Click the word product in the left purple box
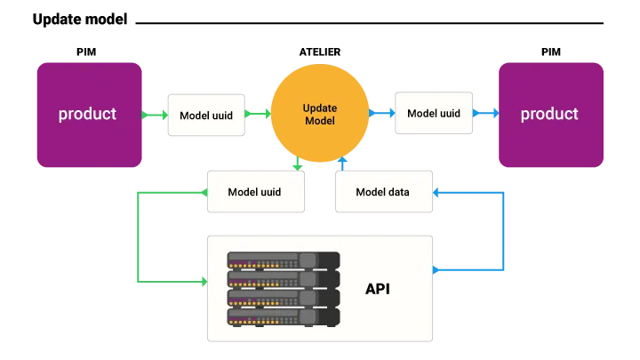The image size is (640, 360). coord(87,114)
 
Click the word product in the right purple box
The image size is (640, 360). coord(549,114)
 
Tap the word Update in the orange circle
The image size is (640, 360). coord(319,108)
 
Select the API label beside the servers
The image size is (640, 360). coord(377,289)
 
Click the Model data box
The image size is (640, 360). coord(383,192)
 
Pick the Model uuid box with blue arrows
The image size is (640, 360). coord(433,114)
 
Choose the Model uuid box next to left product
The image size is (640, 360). coord(206,115)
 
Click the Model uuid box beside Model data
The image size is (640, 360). coord(255,192)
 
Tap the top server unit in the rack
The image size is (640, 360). coord(283,260)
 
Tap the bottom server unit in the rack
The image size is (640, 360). coord(283,316)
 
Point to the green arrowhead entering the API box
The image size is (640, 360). coord(202,282)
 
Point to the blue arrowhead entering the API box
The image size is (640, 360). coord(438,269)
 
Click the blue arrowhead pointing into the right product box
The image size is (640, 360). coord(492,114)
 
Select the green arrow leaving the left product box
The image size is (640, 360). coord(153,115)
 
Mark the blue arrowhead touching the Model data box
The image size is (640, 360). coord(438,192)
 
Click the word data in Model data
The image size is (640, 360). coord(397,192)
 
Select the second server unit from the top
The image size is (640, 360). coord(283,279)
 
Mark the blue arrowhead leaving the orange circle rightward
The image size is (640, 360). coord(388,114)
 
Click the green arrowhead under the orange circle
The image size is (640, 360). coord(296,163)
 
